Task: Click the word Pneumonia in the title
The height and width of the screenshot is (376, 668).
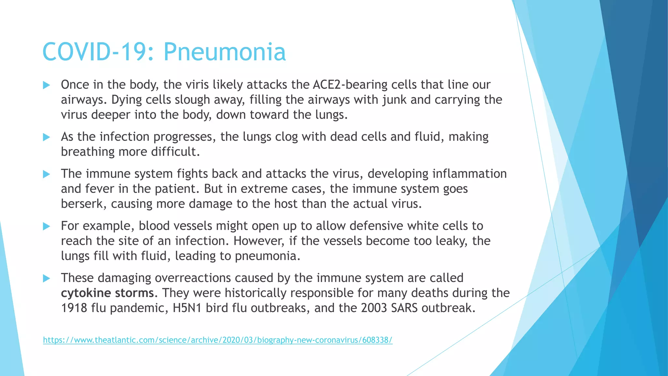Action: pyautogui.click(x=224, y=52)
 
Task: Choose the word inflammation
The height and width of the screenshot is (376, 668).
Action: pyautogui.click(x=469, y=174)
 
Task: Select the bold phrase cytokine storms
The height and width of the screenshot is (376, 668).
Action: pyautogui.click(x=107, y=293)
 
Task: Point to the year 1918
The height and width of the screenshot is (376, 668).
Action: pyautogui.click(x=74, y=308)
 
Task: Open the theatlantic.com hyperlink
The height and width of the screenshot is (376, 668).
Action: pyautogui.click(x=218, y=340)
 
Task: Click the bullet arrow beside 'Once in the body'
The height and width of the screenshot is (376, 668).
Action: pyautogui.click(x=47, y=85)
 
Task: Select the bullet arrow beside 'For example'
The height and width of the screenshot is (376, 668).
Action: pyautogui.click(x=47, y=226)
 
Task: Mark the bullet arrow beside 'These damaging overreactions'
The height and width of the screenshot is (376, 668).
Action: pyautogui.click(x=47, y=278)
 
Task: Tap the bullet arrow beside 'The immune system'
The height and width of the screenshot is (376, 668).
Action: pyautogui.click(x=47, y=174)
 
